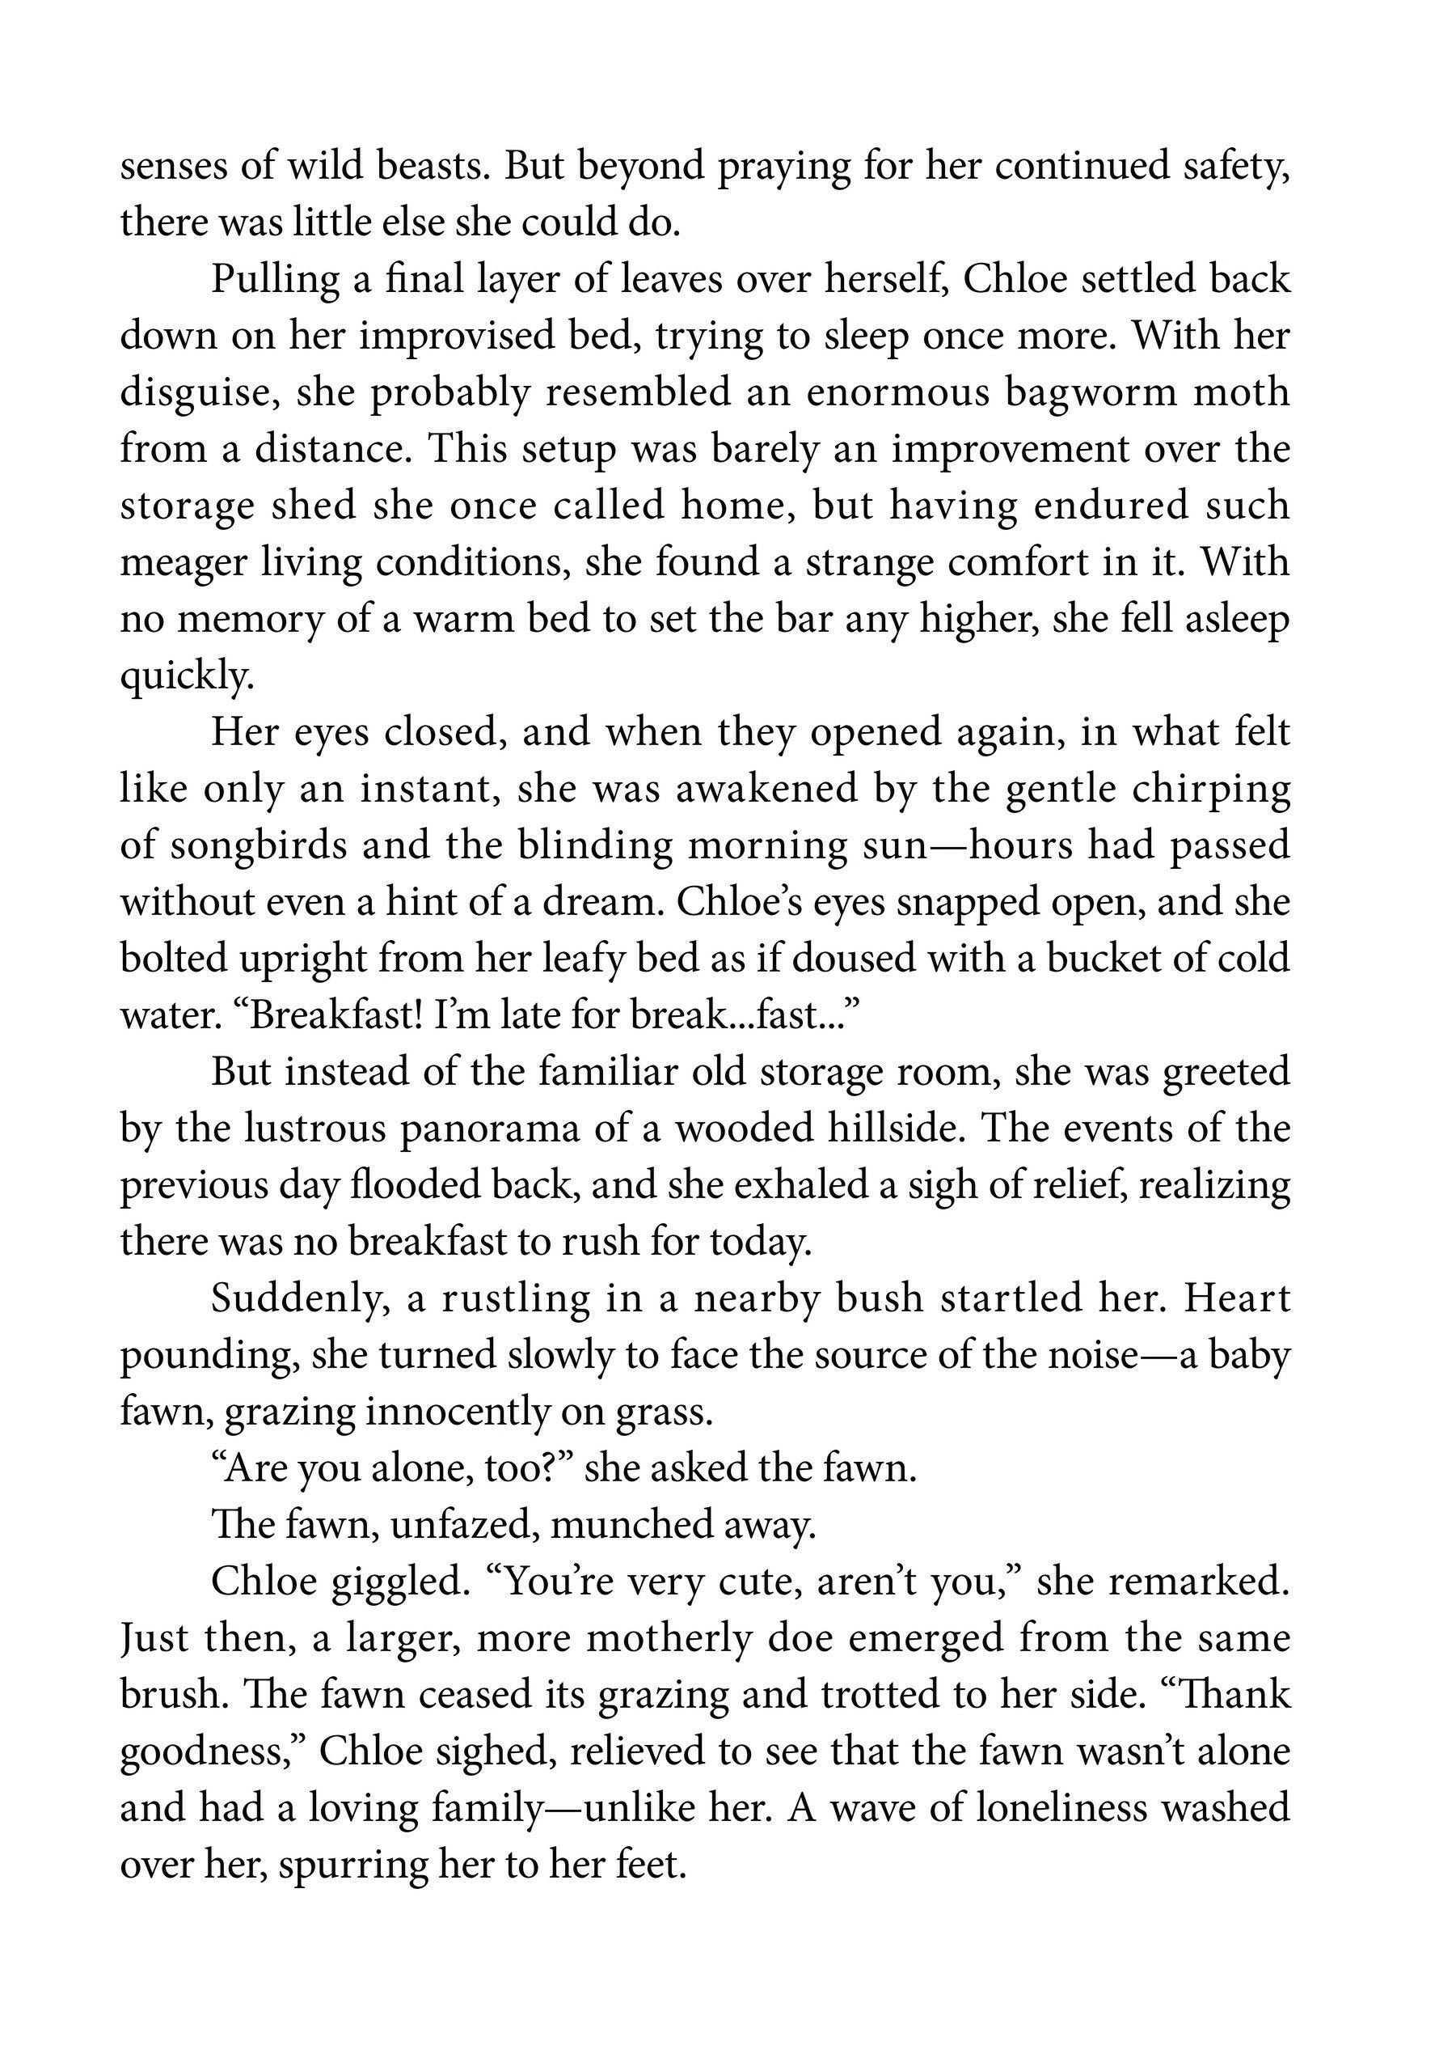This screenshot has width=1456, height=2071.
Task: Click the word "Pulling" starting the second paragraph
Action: tap(274, 281)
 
